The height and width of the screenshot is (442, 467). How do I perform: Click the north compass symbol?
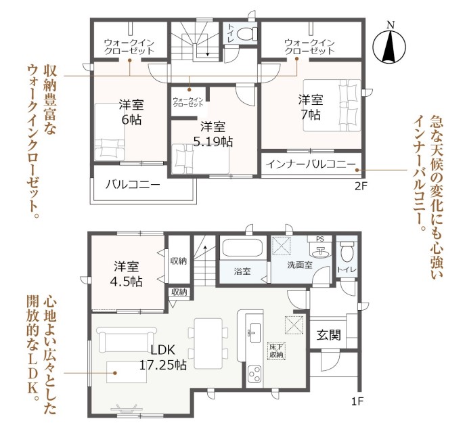coord(389,46)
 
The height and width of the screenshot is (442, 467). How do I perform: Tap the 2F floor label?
coord(361,186)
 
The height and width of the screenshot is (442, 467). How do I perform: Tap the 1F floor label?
coord(357,402)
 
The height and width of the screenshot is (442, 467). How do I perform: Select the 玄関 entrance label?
coord(328,335)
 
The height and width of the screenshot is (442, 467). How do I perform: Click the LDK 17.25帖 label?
coord(163,357)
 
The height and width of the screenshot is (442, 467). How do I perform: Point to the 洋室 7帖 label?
coord(311,107)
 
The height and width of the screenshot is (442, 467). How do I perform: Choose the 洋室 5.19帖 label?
coord(213,134)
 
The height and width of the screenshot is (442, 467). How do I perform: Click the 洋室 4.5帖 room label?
coord(127,273)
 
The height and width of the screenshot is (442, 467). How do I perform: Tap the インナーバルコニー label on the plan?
coord(311,164)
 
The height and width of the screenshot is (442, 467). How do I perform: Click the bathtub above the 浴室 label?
coord(242,248)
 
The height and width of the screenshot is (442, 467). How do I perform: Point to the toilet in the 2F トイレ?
coord(247,34)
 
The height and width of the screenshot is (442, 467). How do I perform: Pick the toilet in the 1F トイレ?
coord(346,252)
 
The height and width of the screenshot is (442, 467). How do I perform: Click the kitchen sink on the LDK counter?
coord(255,333)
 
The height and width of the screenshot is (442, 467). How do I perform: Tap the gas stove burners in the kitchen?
coord(254,374)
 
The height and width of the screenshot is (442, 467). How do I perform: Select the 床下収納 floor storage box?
coord(276,351)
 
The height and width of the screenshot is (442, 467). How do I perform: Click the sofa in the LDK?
coord(127,340)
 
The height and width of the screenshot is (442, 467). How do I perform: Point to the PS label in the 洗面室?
coord(319,239)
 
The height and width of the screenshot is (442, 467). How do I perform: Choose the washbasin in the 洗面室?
coord(320,252)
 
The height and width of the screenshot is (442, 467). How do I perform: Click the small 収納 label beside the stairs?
coord(179,292)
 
